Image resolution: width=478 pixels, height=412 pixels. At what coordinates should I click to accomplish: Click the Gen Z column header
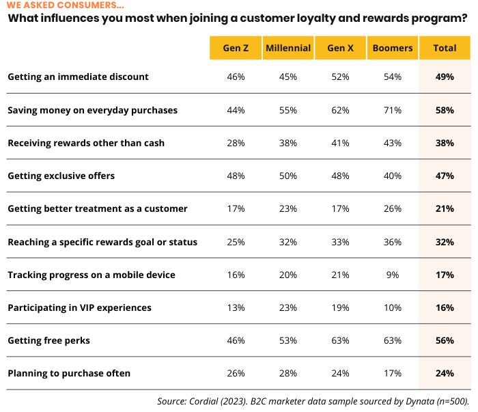pyautogui.click(x=236, y=48)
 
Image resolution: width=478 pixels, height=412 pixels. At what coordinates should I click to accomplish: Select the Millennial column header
pyautogui.click(x=288, y=48)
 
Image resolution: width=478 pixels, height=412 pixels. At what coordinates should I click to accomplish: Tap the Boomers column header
pyautogui.click(x=393, y=48)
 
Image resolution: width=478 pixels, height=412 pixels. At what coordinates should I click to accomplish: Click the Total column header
pyautogui.click(x=445, y=48)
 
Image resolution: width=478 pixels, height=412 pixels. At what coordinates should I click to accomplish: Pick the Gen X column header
pyautogui.click(x=340, y=48)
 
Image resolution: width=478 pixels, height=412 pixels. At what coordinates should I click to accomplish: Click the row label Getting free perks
pyautogui.click(x=48, y=340)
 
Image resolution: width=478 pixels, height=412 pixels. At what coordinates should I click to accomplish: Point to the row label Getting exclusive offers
pyautogui.click(x=61, y=176)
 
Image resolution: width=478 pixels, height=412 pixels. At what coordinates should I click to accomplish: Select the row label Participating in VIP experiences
pyautogui.click(x=79, y=307)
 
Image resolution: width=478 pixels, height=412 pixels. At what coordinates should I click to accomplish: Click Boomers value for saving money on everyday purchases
pyautogui.click(x=393, y=110)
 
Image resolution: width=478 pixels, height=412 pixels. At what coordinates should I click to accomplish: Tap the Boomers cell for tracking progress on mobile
pyautogui.click(x=393, y=275)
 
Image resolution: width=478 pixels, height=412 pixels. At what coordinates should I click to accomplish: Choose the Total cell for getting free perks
pyautogui.click(x=445, y=340)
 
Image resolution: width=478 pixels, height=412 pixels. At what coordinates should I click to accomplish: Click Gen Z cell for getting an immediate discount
pyautogui.click(x=236, y=77)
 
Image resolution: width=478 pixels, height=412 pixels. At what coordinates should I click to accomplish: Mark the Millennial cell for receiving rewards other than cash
pyautogui.click(x=288, y=143)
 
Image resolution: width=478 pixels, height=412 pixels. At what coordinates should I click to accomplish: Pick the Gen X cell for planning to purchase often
pyautogui.click(x=340, y=373)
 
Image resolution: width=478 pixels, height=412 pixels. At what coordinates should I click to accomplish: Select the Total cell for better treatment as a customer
pyautogui.click(x=445, y=208)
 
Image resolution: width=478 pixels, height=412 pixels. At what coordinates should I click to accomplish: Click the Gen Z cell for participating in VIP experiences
pyautogui.click(x=236, y=307)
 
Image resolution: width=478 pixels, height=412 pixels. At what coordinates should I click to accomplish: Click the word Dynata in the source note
pyautogui.click(x=418, y=400)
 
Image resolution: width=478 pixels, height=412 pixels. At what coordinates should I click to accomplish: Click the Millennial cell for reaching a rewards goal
pyautogui.click(x=288, y=242)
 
